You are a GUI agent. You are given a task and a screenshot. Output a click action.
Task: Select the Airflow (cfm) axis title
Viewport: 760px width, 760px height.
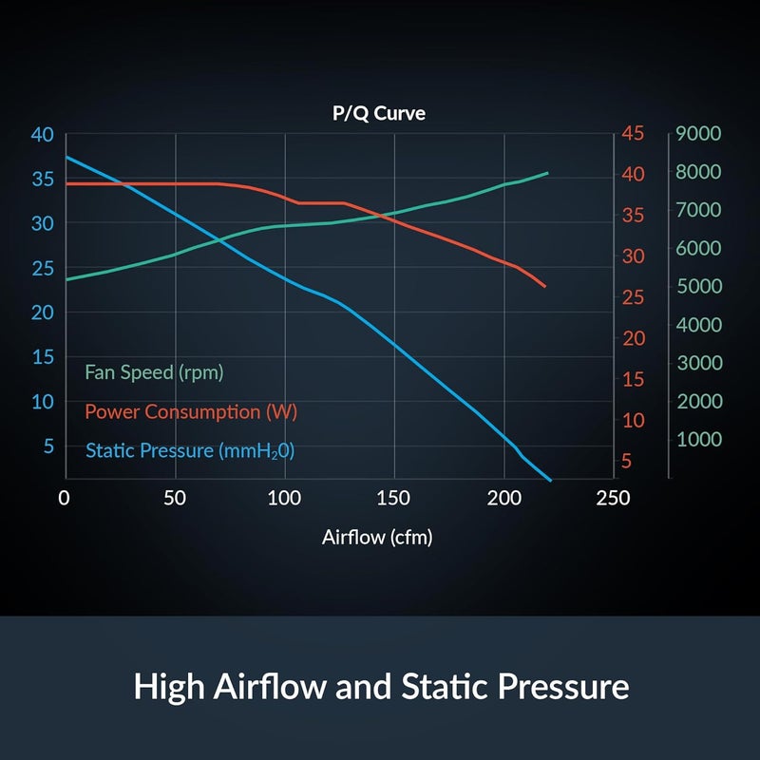(377, 538)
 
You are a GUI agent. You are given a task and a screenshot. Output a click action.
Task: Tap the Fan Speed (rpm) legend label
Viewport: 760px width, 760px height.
(154, 372)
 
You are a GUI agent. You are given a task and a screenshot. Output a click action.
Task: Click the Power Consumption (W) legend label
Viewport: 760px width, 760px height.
(190, 412)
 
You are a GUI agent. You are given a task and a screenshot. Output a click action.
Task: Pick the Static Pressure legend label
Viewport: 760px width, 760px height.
(190, 450)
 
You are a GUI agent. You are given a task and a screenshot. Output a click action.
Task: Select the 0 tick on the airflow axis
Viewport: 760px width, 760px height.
(65, 498)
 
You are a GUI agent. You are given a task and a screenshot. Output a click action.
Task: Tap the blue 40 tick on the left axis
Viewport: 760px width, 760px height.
(42, 134)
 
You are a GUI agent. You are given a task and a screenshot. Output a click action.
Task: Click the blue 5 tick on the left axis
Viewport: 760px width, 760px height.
(47, 446)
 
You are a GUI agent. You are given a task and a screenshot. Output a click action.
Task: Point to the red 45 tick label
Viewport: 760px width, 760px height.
(633, 134)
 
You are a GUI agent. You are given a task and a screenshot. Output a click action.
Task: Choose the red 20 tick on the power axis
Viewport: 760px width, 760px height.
(633, 339)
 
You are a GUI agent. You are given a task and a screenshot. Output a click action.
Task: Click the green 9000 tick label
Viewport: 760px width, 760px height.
(698, 134)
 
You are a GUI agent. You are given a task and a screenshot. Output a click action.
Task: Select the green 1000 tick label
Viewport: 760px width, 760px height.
(698, 439)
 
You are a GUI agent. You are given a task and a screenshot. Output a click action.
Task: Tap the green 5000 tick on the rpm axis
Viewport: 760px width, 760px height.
(698, 286)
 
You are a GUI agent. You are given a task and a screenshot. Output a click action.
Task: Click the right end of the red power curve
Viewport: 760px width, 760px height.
(545, 286)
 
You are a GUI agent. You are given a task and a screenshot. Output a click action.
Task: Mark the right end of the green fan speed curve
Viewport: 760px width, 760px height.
(548, 173)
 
